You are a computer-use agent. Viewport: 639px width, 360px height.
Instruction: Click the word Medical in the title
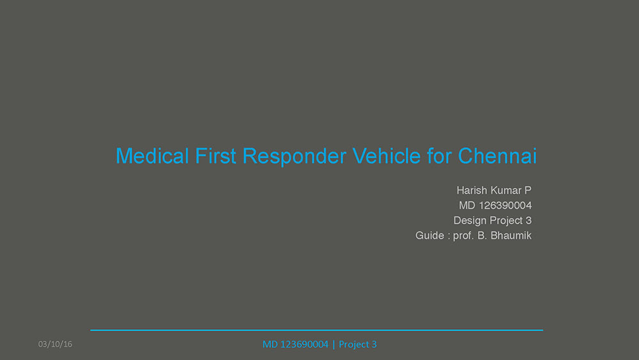pos(153,156)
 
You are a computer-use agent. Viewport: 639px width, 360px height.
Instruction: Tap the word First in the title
pos(215,156)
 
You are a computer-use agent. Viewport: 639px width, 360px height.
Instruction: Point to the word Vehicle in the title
pos(387,156)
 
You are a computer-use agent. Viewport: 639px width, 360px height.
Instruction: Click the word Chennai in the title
pos(497,156)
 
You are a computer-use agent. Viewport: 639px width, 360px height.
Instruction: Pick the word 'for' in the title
pos(440,156)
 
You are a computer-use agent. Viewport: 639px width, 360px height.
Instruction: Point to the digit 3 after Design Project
pos(528,221)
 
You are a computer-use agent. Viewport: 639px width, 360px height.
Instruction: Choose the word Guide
pos(429,236)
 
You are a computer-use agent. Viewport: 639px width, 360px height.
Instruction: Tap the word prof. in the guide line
pos(464,237)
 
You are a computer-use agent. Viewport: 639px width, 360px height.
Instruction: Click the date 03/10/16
pos(55,344)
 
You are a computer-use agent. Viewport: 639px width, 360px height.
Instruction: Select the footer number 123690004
pos(304,345)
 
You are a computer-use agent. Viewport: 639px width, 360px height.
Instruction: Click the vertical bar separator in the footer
pos(334,345)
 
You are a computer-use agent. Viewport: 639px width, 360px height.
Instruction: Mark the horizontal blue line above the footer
pos(317,330)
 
